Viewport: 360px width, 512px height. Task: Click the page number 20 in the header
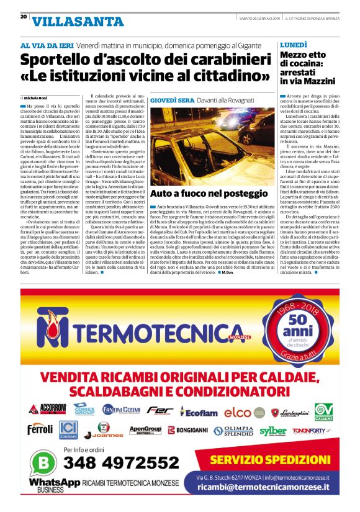click(24, 17)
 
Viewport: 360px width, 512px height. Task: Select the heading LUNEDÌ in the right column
click(294, 45)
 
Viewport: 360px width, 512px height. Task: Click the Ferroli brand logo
click(40, 429)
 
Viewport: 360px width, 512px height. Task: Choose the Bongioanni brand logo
click(189, 430)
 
